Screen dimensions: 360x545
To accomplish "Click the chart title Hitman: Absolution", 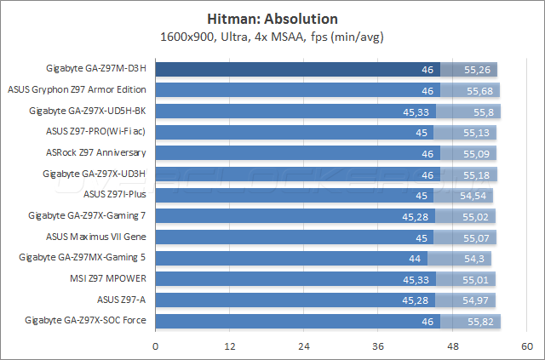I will pyautogui.click(x=272, y=19).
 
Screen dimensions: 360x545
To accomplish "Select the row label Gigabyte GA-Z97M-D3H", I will pyautogui.click(x=96, y=69).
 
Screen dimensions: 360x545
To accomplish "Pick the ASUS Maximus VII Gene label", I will pyautogui.click(x=96, y=237).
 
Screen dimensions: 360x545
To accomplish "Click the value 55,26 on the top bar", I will pyautogui.click(x=478, y=69).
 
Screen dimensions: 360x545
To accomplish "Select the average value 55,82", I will pyautogui.click(x=481, y=321).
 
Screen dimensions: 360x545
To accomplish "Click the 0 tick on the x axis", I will pyautogui.click(x=155, y=346).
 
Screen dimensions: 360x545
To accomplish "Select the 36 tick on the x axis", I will pyautogui.click(x=379, y=346).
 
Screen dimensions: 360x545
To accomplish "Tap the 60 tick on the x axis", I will pyautogui.click(x=527, y=346).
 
